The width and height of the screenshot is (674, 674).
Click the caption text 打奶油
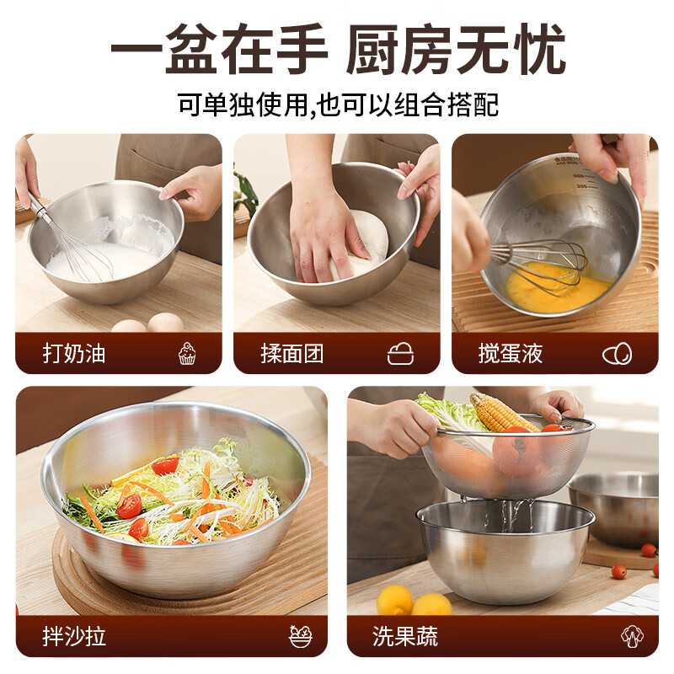pyautogui.click(x=74, y=354)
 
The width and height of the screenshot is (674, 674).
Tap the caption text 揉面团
pyautogui.click(x=292, y=354)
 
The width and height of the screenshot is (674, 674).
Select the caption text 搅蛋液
pyautogui.click(x=511, y=354)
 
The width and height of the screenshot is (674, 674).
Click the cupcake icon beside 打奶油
pyautogui.click(x=187, y=354)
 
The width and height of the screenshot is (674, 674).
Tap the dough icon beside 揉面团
pyautogui.click(x=400, y=354)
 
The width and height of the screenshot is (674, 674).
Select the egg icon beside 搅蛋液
pyautogui.click(x=618, y=354)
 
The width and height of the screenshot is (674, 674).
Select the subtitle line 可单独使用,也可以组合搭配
pyautogui.click(x=337, y=104)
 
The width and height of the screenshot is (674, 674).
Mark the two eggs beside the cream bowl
pyautogui.click(x=148, y=324)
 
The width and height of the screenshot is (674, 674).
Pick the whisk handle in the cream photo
pyautogui.click(x=39, y=207)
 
